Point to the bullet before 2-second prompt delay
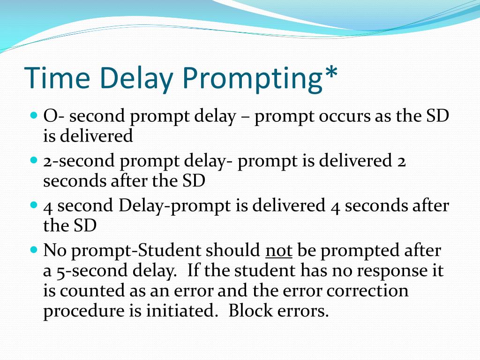click(x=34, y=160)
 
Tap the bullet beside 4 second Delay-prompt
click(x=34, y=205)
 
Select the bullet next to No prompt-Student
click(x=34, y=249)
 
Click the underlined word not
click(x=278, y=251)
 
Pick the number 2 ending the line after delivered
click(x=402, y=161)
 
